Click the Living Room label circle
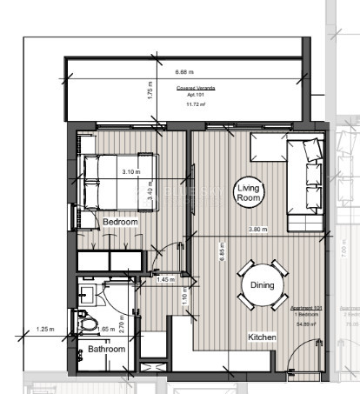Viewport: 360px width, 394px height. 250,192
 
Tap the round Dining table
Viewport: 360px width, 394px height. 262,284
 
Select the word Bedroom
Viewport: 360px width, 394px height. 120,223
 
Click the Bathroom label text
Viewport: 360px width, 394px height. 106,349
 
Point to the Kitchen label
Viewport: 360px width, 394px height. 263,337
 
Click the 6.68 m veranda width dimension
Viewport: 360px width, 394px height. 184,72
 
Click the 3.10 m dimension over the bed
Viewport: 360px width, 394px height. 130,171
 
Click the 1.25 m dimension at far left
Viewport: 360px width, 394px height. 46,330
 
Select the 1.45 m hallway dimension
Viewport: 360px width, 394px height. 165,279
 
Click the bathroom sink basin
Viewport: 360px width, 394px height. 85,292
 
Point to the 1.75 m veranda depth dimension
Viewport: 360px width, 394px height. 150,93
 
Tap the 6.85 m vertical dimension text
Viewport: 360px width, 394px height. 223,253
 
